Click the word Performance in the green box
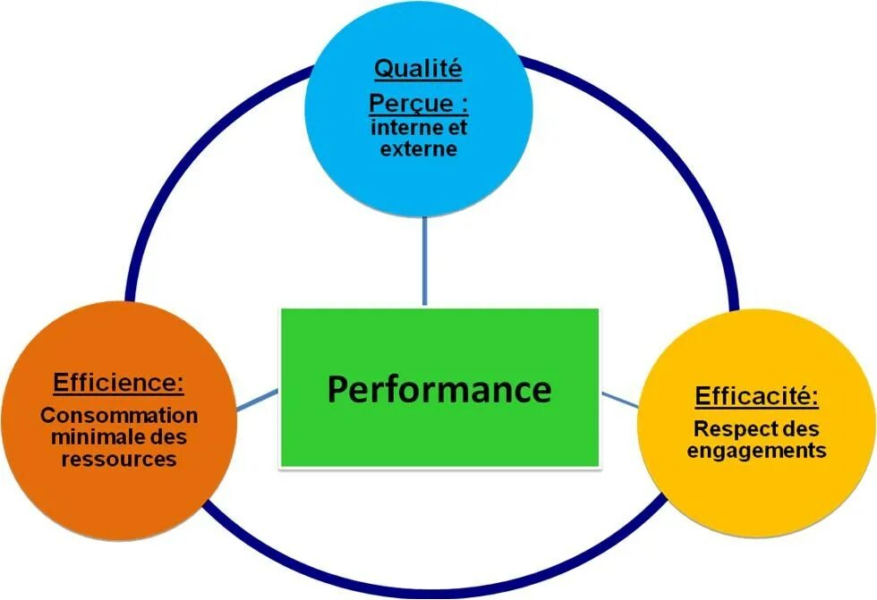pos(438,390)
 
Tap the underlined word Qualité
pos(417,69)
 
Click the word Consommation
pos(119,416)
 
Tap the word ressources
pos(119,460)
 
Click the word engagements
pos(756,451)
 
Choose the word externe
pos(418,148)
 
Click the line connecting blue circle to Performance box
pos(425,264)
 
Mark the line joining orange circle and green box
pos(260,399)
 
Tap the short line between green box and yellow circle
pos(619,399)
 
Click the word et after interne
pos(457,128)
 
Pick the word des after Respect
pos(799,429)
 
